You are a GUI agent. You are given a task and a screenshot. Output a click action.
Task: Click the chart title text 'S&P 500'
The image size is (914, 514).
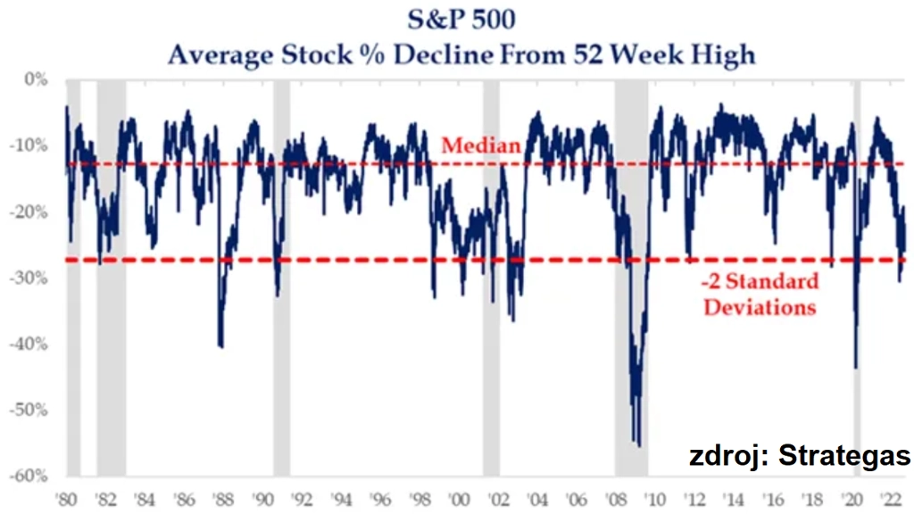point(457,20)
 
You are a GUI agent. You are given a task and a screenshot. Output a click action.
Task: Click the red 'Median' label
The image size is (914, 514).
point(481,145)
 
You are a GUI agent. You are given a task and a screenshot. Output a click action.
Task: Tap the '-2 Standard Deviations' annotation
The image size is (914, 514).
point(760,294)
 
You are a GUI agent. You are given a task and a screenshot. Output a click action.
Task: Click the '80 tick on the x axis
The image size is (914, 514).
point(65,497)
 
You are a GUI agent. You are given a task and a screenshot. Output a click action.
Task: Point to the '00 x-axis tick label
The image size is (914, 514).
point(459,497)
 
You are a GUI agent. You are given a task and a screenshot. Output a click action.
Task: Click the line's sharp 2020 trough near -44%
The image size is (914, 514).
point(855,367)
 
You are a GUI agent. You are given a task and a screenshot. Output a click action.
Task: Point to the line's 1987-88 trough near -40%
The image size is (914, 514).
point(220,346)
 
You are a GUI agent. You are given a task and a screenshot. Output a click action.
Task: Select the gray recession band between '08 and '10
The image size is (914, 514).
point(631,268)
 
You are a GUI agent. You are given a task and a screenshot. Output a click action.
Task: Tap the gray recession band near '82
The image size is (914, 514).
point(111,268)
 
